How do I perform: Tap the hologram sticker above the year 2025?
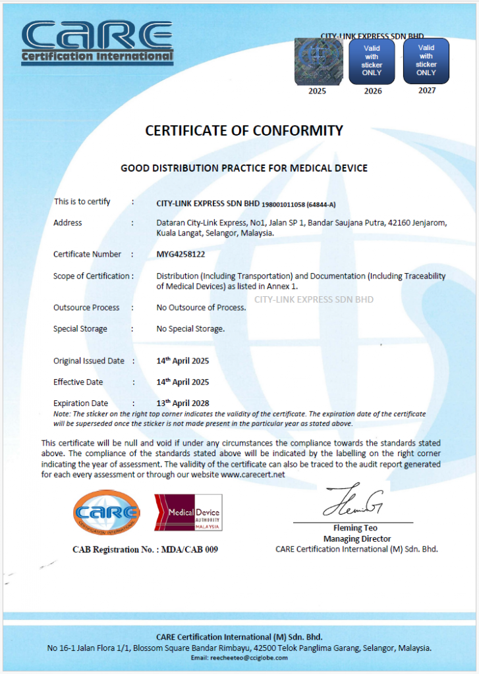(318, 61)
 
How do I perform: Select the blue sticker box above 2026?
(372, 61)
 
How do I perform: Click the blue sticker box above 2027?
(426, 61)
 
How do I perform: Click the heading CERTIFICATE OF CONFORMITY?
(244, 130)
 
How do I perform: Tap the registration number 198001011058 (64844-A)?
(300, 203)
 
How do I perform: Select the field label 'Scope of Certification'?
(92, 276)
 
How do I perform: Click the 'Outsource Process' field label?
(86, 307)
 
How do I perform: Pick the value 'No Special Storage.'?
(190, 328)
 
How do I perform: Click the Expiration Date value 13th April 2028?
(183, 403)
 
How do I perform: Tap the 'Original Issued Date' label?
(89, 361)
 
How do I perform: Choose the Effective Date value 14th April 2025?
(183, 382)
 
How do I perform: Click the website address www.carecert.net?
(253, 475)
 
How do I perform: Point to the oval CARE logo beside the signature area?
(107, 512)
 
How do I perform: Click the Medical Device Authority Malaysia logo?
(188, 513)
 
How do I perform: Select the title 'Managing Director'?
(356, 538)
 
